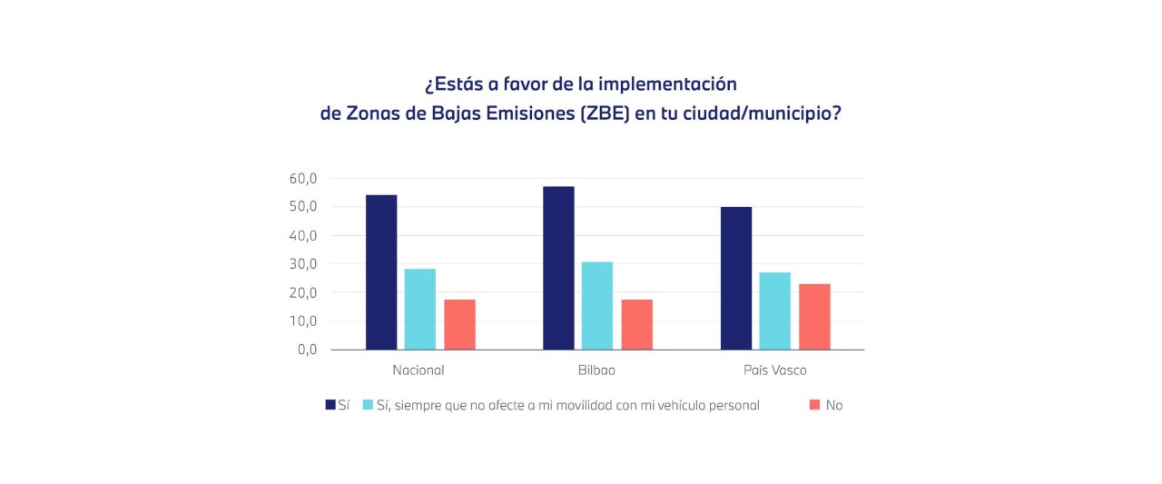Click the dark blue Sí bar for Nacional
(x=381, y=272)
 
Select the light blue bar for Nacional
(x=419, y=309)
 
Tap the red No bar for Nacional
(x=459, y=324)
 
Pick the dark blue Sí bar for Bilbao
(x=558, y=268)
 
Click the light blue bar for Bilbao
(x=597, y=305)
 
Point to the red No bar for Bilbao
(x=636, y=324)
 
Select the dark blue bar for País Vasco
(x=736, y=278)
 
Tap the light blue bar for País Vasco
(x=774, y=311)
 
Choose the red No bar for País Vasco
(x=814, y=317)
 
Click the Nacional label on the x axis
(x=419, y=370)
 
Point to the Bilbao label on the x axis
(x=596, y=370)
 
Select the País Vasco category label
(x=774, y=370)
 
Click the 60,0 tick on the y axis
(x=303, y=179)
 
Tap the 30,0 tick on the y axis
(x=303, y=264)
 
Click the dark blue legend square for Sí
(x=330, y=405)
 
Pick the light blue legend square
(x=368, y=405)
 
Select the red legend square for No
(x=813, y=405)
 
